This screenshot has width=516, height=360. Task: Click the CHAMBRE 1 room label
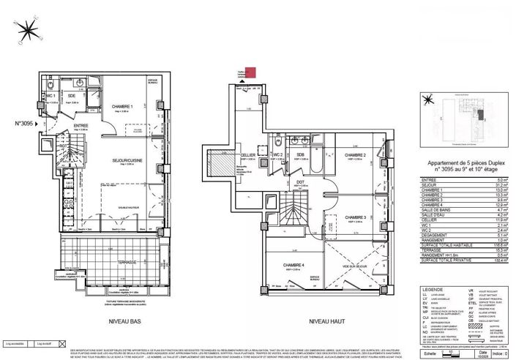pyautogui.click(x=122, y=108)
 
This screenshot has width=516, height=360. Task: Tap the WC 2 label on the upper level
pyautogui.click(x=277, y=155)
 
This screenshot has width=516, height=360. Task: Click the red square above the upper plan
pyautogui.click(x=250, y=72)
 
